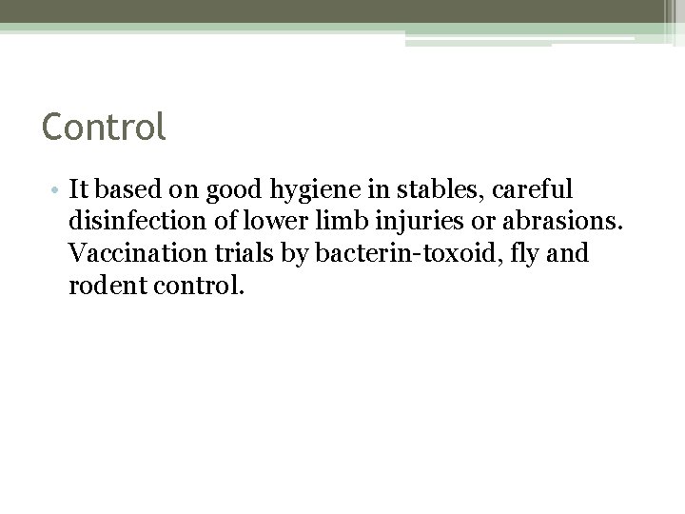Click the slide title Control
pyautogui.click(x=104, y=126)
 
